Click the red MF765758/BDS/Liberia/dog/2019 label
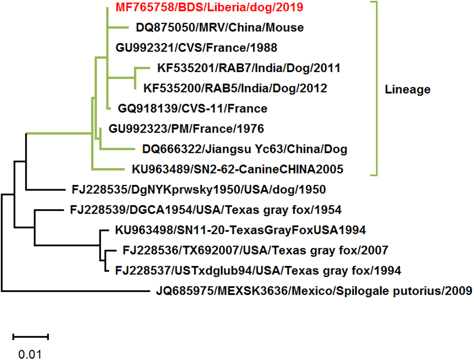209,7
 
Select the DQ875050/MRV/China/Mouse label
220,28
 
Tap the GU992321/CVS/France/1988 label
196,48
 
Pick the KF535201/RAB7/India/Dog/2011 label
249,68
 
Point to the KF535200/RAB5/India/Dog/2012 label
235,88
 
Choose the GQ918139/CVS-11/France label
192,109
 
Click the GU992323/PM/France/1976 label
186,129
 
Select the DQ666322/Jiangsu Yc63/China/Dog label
244,149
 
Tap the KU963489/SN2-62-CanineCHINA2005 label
237,169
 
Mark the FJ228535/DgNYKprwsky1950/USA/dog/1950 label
199,190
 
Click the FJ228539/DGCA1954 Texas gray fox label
206,210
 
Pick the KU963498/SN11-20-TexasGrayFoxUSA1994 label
241,230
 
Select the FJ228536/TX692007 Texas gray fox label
255,250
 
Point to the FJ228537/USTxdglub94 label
258,271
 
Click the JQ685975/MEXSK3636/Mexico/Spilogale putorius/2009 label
314,291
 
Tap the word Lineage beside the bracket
407,90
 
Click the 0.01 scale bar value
30,354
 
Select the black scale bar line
31,337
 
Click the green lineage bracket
376,88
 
